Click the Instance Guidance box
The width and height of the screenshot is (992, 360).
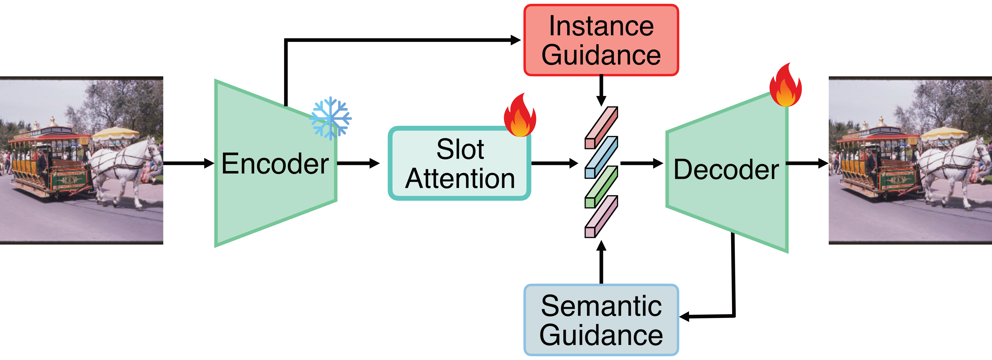tap(601, 40)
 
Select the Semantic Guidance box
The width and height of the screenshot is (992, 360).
tap(601, 320)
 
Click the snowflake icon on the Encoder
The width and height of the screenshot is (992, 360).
tap(330, 118)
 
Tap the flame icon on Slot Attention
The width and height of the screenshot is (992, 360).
tap(520, 115)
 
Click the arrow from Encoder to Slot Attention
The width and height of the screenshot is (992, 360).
tap(358, 163)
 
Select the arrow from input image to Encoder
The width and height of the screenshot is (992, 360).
tap(189, 163)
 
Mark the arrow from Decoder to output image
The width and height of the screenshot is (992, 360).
tap(807, 163)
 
